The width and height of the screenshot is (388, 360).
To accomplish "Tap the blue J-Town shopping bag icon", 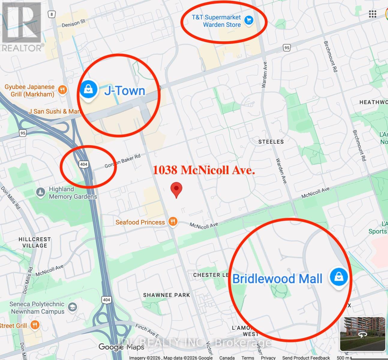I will pos(89,89).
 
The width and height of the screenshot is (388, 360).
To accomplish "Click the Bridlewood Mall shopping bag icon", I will pos(339,277).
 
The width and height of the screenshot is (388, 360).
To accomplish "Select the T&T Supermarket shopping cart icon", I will pos(249,20).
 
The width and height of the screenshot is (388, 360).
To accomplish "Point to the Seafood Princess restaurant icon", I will pos(173,222).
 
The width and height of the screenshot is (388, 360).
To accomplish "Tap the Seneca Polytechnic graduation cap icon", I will pos(72,307).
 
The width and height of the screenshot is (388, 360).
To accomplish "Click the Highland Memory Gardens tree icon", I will pos(41,192).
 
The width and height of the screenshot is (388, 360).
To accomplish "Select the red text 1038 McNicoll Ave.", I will pos(204,170).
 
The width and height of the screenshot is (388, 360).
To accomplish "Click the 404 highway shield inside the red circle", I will pos(84,164).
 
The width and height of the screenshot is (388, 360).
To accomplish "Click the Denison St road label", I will pos(74,23).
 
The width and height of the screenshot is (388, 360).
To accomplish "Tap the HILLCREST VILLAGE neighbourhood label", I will pos(35,242).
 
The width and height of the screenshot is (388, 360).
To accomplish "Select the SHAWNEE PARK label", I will pos(167,295).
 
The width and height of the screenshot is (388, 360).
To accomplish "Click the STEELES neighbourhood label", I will pos(271,142).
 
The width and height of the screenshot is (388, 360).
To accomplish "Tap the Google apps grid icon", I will pos(372,14).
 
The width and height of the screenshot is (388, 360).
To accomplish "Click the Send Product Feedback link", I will pos(306,358).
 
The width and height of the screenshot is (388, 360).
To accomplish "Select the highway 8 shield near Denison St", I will pos(52,14).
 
